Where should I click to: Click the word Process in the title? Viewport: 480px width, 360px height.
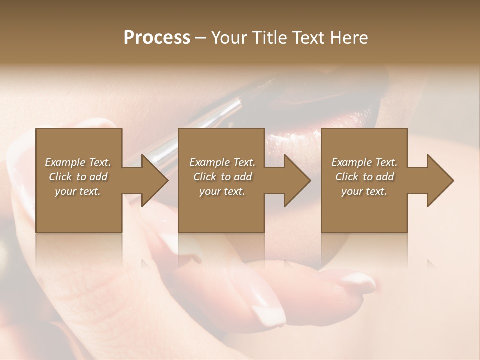pos(157,38)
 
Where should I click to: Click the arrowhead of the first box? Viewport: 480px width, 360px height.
pos(153,180)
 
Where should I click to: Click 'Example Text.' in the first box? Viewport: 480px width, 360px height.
pos(78,162)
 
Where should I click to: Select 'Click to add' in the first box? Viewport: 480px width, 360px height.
pos(78,177)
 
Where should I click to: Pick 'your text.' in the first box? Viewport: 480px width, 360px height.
pos(78,191)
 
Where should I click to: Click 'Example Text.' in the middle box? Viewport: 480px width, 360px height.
pos(222,162)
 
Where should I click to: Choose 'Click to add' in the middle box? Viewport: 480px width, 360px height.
pos(222,177)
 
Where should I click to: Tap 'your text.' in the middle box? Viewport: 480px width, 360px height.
pos(222,191)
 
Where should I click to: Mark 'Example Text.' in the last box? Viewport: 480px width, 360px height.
pos(364,162)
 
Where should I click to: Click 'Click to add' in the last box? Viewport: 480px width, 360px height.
pos(364,177)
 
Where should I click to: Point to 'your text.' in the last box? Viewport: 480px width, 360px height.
pos(364,191)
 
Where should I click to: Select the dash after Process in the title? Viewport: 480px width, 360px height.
pos(200,38)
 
